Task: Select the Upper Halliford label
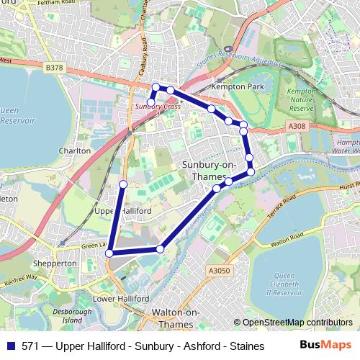pos(122,211)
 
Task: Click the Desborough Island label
pos(78,315)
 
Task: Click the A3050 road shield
pos(219,270)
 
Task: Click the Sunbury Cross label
pos(158,107)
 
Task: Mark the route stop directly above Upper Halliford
pos(123,184)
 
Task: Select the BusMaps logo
pos(326,344)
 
